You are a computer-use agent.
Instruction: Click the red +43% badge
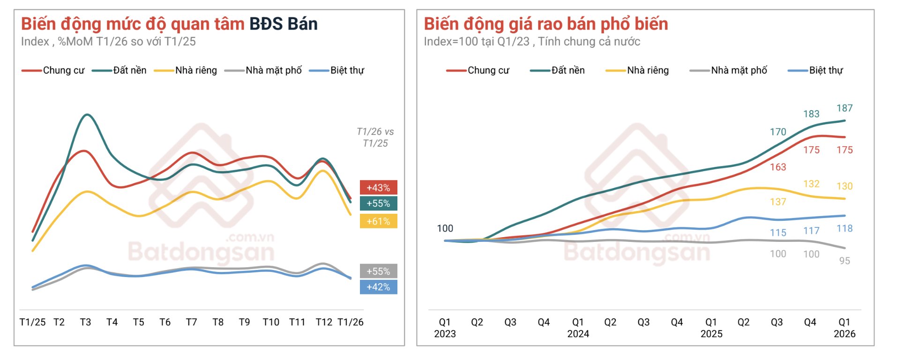(x=378, y=187)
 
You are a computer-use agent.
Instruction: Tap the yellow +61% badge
(x=378, y=221)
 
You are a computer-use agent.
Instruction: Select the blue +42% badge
(x=378, y=287)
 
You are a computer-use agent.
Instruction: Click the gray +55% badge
(x=378, y=271)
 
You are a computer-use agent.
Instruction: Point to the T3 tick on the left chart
(x=85, y=322)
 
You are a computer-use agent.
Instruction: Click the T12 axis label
(x=324, y=322)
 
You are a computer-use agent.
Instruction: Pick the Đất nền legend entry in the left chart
(x=120, y=70)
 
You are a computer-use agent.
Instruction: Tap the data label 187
(x=845, y=108)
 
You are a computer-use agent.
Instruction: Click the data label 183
(x=811, y=114)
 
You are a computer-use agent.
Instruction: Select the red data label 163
(x=778, y=167)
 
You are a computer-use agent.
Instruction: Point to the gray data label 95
(x=845, y=261)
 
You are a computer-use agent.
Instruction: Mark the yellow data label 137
(x=778, y=202)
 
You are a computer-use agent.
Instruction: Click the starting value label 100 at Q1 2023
(x=445, y=228)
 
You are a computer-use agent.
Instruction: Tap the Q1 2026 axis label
(x=844, y=328)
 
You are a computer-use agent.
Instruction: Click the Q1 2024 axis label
(x=578, y=328)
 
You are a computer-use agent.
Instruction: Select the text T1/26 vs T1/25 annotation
(x=375, y=137)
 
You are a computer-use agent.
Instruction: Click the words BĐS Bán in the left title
(x=283, y=24)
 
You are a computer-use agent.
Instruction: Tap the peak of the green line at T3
(x=87, y=114)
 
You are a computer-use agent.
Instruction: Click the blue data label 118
(x=845, y=228)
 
